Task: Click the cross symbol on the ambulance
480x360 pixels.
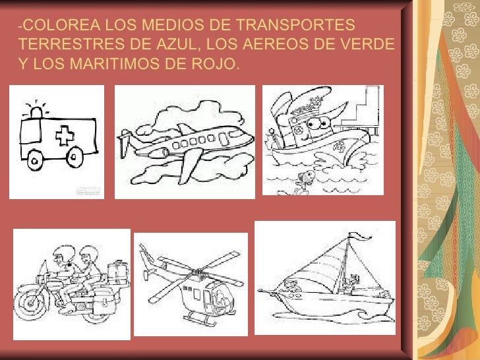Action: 65,135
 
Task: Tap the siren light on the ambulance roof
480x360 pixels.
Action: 36,113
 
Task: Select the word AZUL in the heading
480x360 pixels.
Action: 176,44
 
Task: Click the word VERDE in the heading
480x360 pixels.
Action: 367,44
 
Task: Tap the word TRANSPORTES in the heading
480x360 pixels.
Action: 295,24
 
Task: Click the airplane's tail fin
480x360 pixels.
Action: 125,142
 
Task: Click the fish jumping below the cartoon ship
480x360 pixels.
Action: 304,181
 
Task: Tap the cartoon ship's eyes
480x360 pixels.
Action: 318,123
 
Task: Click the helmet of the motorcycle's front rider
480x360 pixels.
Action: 65,253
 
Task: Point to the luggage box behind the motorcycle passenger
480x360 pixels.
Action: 118,273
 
